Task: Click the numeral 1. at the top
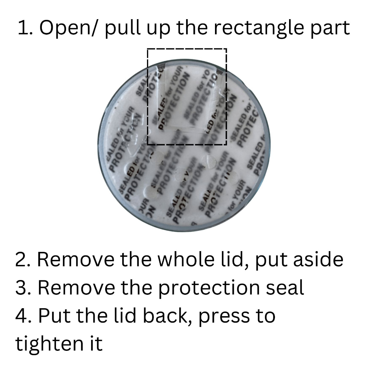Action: (25, 29)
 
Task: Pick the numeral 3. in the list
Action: (24, 288)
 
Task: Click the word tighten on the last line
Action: (48, 344)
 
